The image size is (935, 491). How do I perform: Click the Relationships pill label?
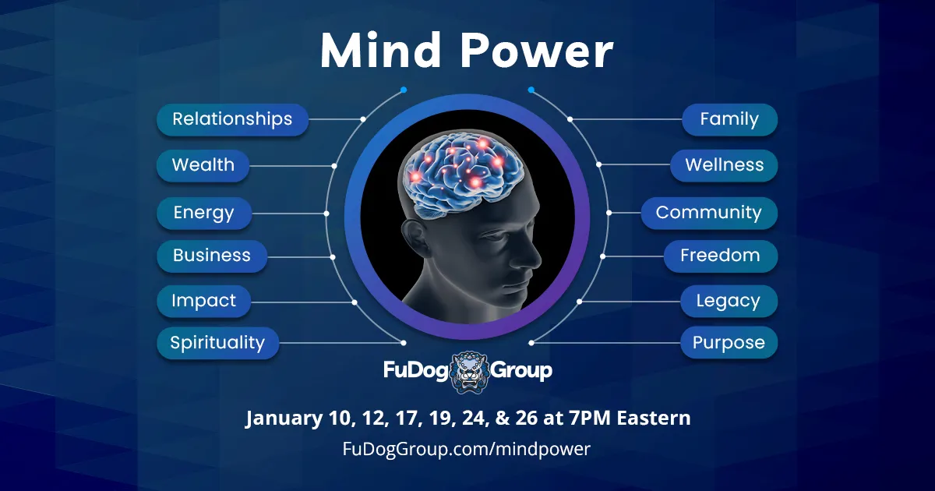pyautogui.click(x=232, y=119)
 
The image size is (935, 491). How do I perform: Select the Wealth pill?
pyautogui.click(x=203, y=165)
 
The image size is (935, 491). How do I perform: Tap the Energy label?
pyautogui.click(x=204, y=213)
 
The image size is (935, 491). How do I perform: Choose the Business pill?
pyautogui.click(x=212, y=256)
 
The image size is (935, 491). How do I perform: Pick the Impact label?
pyautogui.click(x=203, y=301)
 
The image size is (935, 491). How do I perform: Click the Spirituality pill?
pyautogui.click(x=217, y=343)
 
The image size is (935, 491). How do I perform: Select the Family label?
pyautogui.click(x=729, y=119)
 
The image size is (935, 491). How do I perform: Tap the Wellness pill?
pyautogui.click(x=724, y=165)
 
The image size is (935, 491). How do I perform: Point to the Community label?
pyautogui.click(x=709, y=213)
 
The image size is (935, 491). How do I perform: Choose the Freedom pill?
pyautogui.click(x=721, y=256)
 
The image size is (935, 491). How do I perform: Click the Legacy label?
pyautogui.click(x=729, y=301)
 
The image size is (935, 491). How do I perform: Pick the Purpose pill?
pyautogui.click(x=729, y=343)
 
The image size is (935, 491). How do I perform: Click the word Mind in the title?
pyautogui.click(x=381, y=51)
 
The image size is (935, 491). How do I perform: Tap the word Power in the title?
pyautogui.click(x=536, y=51)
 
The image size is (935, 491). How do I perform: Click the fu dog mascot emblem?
pyautogui.click(x=470, y=372)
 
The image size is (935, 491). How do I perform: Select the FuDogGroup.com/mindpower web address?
pyautogui.click(x=467, y=449)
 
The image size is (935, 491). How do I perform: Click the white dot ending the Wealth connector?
pyautogui.click(x=334, y=166)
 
